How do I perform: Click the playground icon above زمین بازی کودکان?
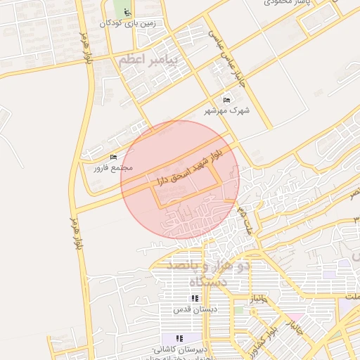coord(126,13)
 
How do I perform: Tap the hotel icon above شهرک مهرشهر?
coord(226,101)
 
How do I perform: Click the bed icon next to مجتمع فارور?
coord(114,157)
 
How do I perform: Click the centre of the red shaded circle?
coord(180,180)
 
